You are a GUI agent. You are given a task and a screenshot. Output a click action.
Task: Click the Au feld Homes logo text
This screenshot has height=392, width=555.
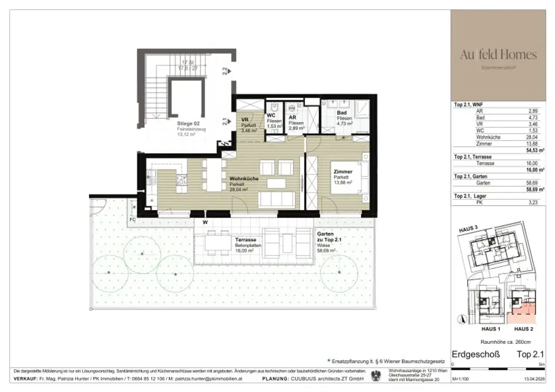(498, 55)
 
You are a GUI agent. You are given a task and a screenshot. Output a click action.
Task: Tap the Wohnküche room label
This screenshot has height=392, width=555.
(243, 179)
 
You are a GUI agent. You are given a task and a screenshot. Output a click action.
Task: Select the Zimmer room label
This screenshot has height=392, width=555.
(343, 172)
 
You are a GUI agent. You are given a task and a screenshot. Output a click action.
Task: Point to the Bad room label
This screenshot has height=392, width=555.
(342, 113)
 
